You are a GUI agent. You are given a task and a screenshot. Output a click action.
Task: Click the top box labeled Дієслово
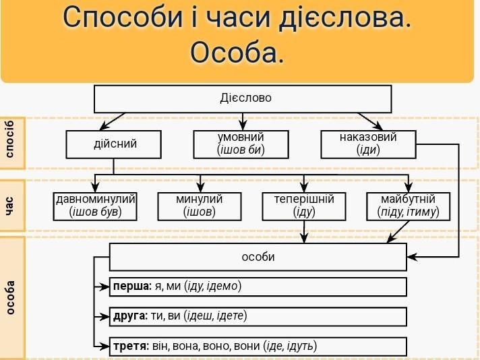pyautogui.click(x=243, y=99)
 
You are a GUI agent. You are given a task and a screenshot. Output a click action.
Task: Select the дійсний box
pyautogui.click(x=113, y=144)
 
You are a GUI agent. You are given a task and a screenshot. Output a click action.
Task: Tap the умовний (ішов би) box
pyautogui.click(x=241, y=144)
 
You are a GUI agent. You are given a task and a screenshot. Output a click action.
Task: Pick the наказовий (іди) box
pyautogui.click(x=368, y=144)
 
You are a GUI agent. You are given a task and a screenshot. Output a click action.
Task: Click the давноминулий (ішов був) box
pyautogui.click(x=95, y=206)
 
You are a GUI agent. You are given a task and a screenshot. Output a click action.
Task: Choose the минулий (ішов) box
pyautogui.click(x=200, y=206)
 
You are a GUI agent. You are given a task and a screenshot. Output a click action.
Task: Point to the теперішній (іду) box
pyautogui.click(x=304, y=206)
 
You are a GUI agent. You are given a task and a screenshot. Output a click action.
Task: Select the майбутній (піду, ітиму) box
pyautogui.click(x=409, y=206)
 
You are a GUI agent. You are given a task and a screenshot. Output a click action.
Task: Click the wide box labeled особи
pyautogui.click(x=258, y=257)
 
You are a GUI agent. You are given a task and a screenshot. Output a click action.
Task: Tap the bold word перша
pyautogui.click(x=132, y=287)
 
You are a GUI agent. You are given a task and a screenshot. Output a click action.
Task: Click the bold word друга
pyautogui.click(x=130, y=316)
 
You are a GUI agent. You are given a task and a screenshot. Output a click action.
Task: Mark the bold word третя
pyautogui.click(x=131, y=346)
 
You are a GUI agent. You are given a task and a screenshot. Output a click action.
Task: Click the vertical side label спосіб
pyautogui.click(x=10, y=139)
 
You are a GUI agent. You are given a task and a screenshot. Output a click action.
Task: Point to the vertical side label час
pyautogui.click(x=10, y=206)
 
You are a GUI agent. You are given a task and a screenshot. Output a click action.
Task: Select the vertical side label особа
pyautogui.click(x=10, y=297)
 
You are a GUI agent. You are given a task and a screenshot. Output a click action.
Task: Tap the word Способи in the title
pyautogui.click(x=123, y=17)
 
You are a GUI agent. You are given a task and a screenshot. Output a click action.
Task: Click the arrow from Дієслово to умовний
pyautogui.click(x=243, y=121)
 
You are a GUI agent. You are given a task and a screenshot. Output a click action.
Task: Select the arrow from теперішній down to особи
pyautogui.click(x=304, y=232)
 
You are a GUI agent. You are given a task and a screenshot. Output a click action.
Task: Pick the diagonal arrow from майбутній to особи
pyautogui.click(x=398, y=232)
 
